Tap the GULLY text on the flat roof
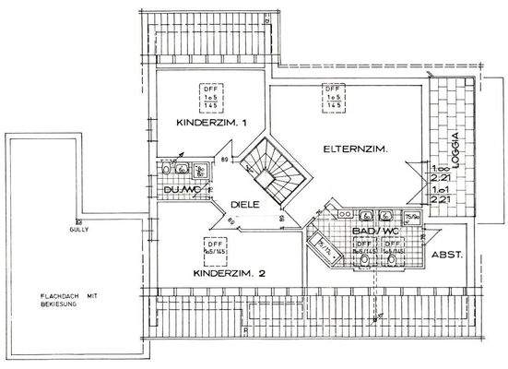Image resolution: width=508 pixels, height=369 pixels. point(77,232)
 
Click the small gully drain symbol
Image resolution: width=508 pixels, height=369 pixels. point(79,222)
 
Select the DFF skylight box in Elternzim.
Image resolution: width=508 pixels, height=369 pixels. point(334,95)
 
